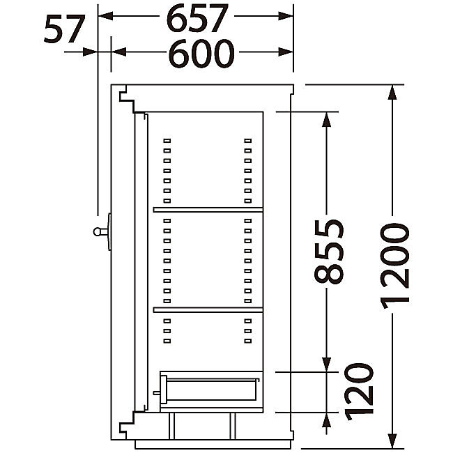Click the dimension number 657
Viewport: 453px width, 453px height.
pos(197,18)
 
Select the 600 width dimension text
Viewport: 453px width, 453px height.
pos(201,54)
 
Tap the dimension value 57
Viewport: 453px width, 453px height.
pos(64,29)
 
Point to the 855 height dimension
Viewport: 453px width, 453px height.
pos(329,251)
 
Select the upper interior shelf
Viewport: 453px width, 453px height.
pos(208,210)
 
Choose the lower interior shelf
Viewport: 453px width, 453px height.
pos(208,309)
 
